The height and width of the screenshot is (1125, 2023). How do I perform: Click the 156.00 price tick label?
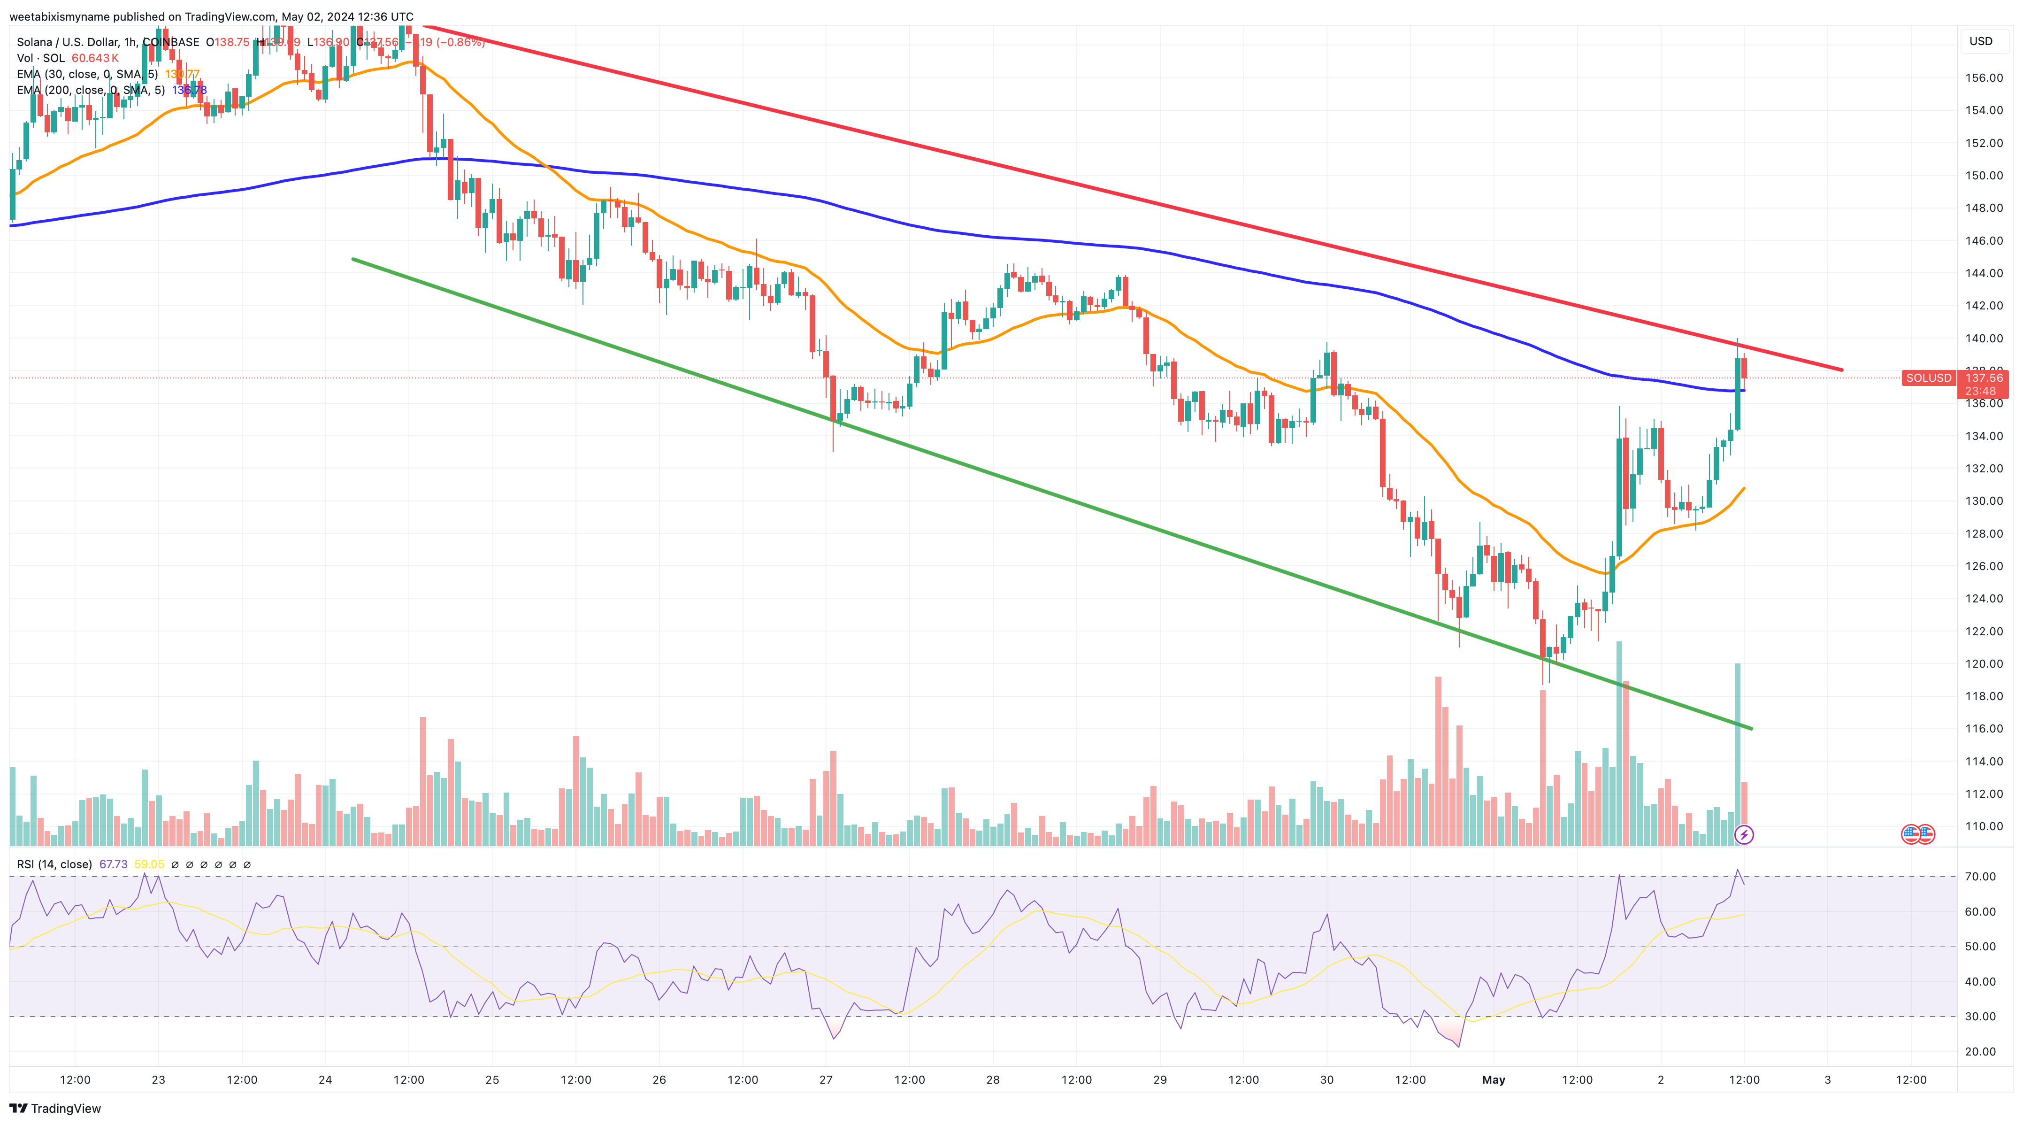pos(1984,78)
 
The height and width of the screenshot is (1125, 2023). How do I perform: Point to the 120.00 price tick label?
pos(1984,664)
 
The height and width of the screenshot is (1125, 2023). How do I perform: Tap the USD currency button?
pos(1981,41)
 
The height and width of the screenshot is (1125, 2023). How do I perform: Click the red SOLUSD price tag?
pos(1928,378)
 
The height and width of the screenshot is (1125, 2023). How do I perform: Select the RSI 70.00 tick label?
pos(1980,877)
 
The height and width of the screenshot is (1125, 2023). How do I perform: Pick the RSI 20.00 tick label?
pos(1980,1051)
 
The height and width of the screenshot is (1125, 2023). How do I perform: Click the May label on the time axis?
pos(1493,1079)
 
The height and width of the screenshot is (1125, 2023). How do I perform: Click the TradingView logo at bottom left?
pos(55,1109)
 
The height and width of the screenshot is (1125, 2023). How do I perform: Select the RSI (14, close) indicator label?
pos(54,864)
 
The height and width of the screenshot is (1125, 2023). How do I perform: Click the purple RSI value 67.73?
pos(113,864)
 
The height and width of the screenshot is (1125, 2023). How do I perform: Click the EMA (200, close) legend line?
pos(90,90)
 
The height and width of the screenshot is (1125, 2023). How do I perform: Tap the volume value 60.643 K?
pos(95,58)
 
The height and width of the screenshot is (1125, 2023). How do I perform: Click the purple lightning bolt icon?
pos(1743,834)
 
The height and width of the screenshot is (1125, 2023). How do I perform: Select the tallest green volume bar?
pos(1618,742)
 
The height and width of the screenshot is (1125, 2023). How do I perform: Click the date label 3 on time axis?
pos(1827,1079)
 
